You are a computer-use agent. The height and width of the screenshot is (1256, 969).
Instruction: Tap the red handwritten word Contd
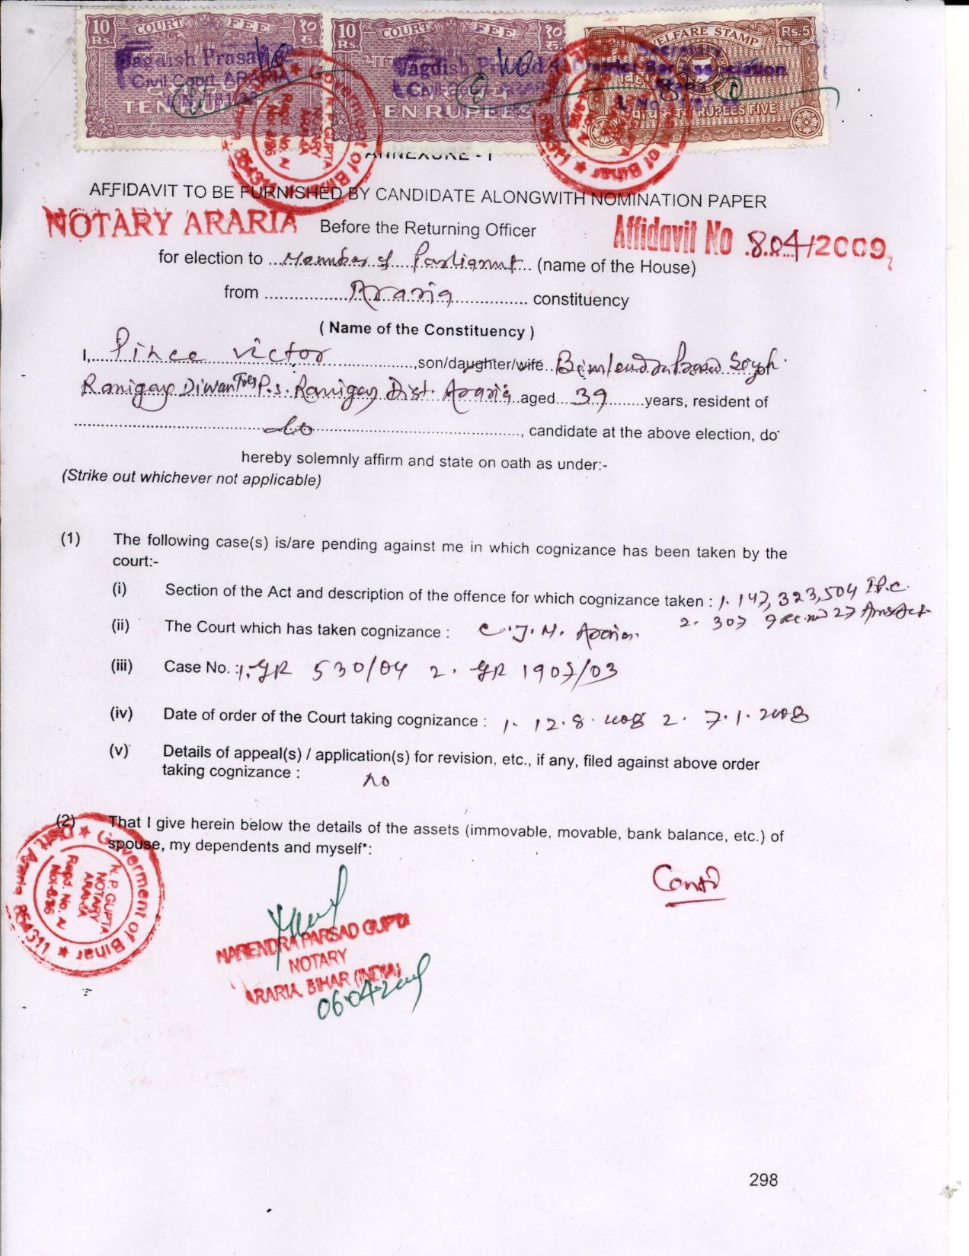(686, 881)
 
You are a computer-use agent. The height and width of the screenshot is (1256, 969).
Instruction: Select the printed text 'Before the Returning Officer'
(427, 228)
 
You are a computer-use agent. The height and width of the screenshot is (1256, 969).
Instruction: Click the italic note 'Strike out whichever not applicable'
(191, 480)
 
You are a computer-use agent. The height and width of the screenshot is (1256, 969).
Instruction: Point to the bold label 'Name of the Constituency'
(427, 330)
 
